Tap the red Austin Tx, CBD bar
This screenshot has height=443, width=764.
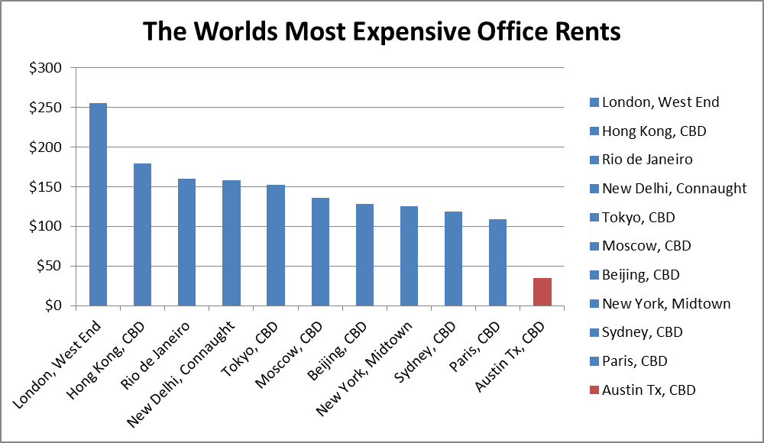click(x=542, y=292)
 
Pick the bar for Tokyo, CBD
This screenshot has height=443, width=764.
click(x=276, y=245)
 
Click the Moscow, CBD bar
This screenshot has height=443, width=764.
click(x=320, y=251)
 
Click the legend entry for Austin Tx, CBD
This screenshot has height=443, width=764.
click(x=649, y=390)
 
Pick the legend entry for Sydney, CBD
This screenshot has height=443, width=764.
click(x=642, y=332)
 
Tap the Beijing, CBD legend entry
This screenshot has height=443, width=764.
click(x=640, y=275)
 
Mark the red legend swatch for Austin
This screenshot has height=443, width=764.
click(x=594, y=390)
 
